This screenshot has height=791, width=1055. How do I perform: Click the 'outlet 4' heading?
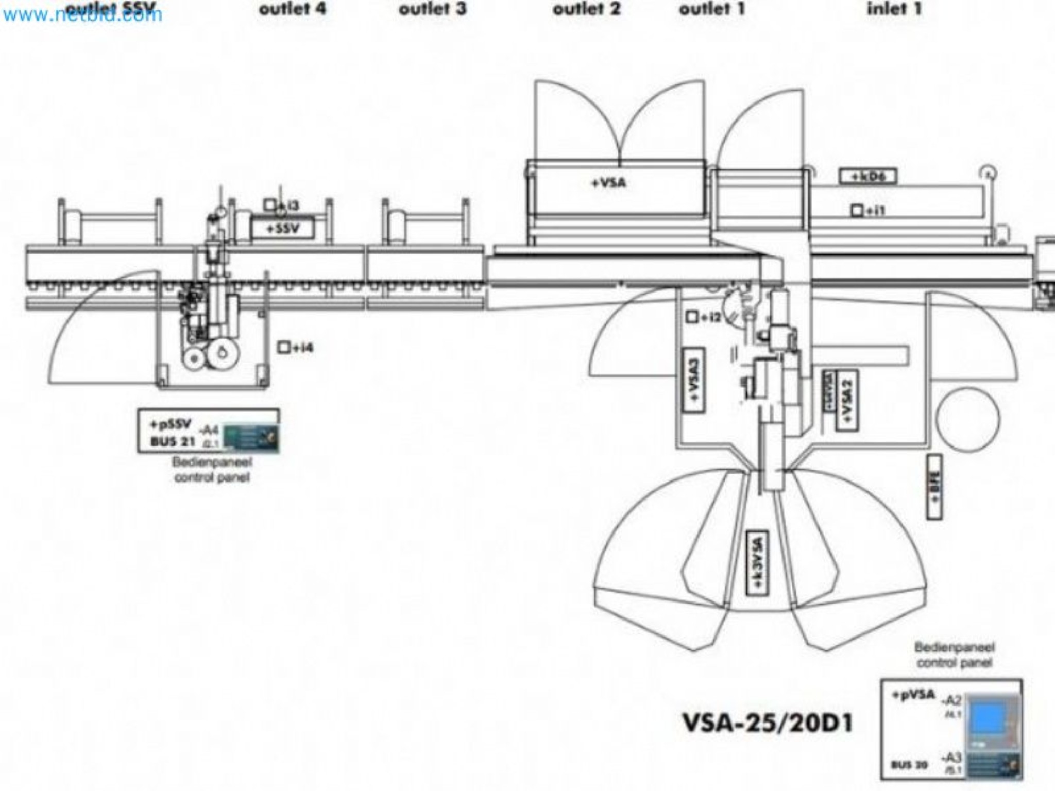[292, 9]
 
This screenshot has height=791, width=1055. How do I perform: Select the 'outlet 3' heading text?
[432, 9]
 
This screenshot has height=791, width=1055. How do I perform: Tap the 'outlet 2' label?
[586, 9]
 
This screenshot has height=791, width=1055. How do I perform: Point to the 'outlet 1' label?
[711, 9]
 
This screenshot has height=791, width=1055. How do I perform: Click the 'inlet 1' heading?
[894, 9]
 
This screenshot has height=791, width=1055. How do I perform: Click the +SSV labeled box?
[282, 229]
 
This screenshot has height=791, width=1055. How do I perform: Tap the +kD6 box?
[869, 177]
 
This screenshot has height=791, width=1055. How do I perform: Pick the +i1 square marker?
[857, 210]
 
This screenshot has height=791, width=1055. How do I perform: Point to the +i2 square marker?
[692, 317]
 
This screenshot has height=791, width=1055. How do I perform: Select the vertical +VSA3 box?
[693, 380]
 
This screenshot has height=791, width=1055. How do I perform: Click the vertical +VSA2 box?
[846, 400]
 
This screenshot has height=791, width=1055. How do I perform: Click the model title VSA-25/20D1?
[767, 723]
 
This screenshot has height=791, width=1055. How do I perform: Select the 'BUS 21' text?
[173, 442]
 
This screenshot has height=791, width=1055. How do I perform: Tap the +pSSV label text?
[171, 425]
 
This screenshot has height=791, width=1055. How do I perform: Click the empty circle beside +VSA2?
[967, 419]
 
